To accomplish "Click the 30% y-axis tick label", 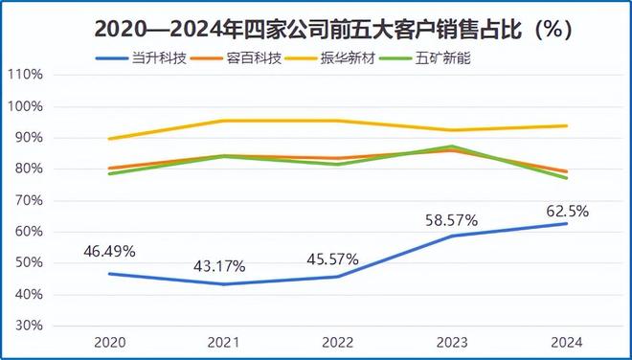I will click(29, 326).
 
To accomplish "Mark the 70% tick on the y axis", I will click(29, 200).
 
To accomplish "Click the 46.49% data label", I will click(109, 252).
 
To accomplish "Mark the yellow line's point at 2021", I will click(224, 121).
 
